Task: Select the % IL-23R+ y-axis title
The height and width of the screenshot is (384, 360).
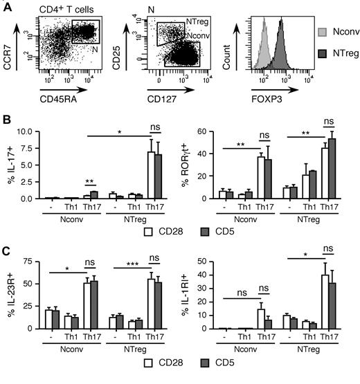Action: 10,299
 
